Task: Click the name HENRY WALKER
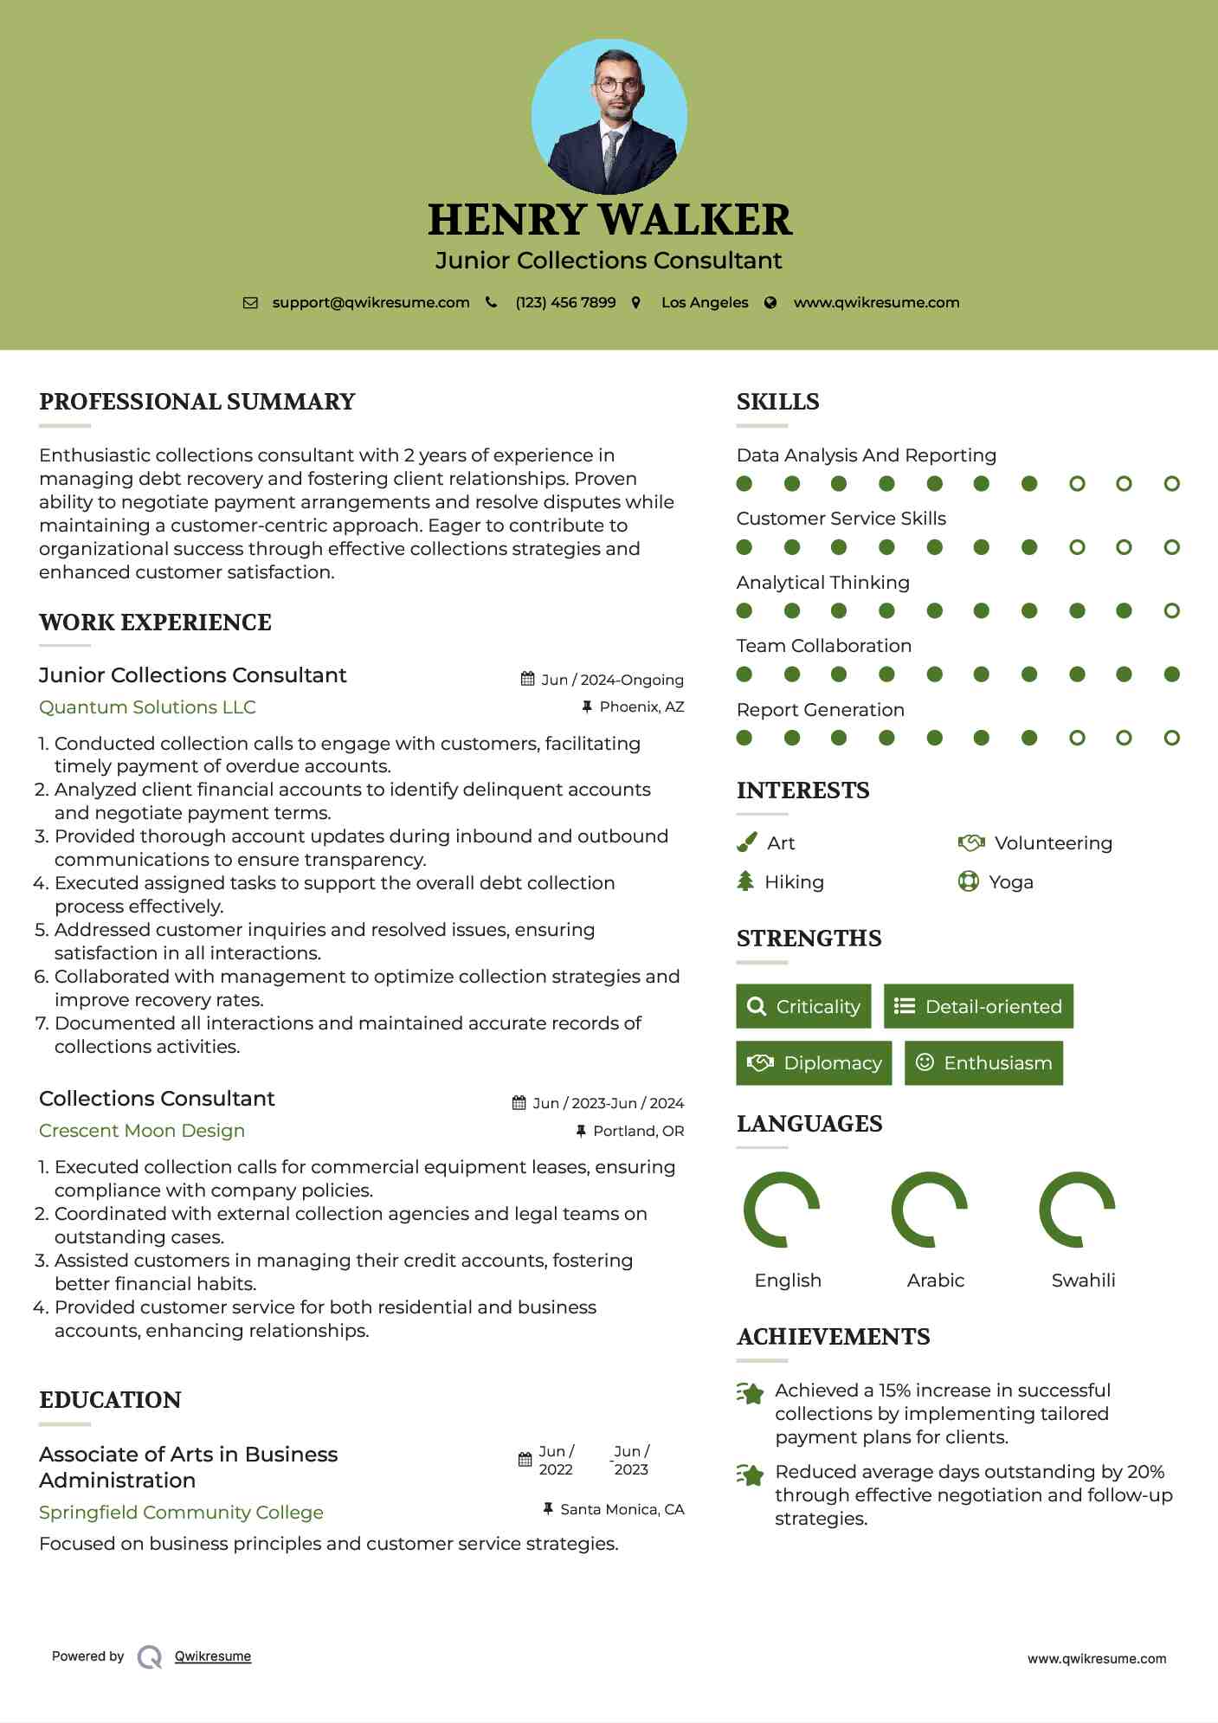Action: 609,220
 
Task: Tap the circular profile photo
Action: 609,116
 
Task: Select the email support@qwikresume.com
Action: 371,303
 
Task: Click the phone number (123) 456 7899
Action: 565,303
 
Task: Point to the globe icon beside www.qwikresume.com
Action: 770,303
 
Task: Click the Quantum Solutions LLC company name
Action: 147,707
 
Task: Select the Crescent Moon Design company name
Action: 142,1131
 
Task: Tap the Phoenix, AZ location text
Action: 641,707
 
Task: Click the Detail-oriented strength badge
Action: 978,1006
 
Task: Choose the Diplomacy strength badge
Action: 814,1063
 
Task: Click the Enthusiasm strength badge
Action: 983,1063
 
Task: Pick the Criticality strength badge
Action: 803,1006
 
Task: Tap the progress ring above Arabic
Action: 929,1210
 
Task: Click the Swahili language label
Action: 1083,1281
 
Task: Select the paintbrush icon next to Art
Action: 746,843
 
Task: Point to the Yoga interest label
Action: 1011,882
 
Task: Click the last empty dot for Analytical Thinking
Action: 1171,611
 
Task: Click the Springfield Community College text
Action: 181,1513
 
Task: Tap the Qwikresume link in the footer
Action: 213,1656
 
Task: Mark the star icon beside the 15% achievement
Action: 751,1393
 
